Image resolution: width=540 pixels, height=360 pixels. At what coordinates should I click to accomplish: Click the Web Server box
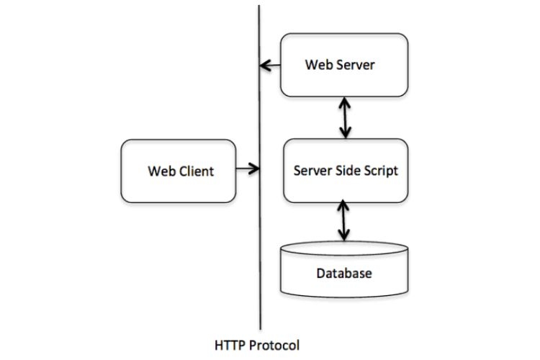344,65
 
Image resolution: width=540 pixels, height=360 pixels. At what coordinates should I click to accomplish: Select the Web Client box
179,171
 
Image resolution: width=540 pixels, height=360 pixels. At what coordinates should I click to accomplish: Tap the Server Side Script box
346,171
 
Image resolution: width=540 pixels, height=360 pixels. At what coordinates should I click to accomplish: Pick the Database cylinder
344,271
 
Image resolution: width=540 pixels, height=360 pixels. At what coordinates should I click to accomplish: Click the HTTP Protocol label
257,344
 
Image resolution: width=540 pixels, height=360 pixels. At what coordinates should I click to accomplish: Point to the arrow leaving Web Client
247,170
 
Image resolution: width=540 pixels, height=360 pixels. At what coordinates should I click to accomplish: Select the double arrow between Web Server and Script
346,119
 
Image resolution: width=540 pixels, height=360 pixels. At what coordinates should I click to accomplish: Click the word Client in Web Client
196,171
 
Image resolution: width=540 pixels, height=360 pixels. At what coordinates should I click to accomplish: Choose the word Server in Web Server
356,65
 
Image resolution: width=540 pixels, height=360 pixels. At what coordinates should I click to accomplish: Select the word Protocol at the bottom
274,344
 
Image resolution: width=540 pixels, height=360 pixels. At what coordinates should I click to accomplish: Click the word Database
344,274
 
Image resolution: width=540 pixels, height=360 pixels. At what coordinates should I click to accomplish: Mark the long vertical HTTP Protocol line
259,216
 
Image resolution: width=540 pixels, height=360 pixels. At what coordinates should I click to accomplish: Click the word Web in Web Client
161,171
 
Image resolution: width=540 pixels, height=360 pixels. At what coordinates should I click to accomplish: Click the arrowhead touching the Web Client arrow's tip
255,170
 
